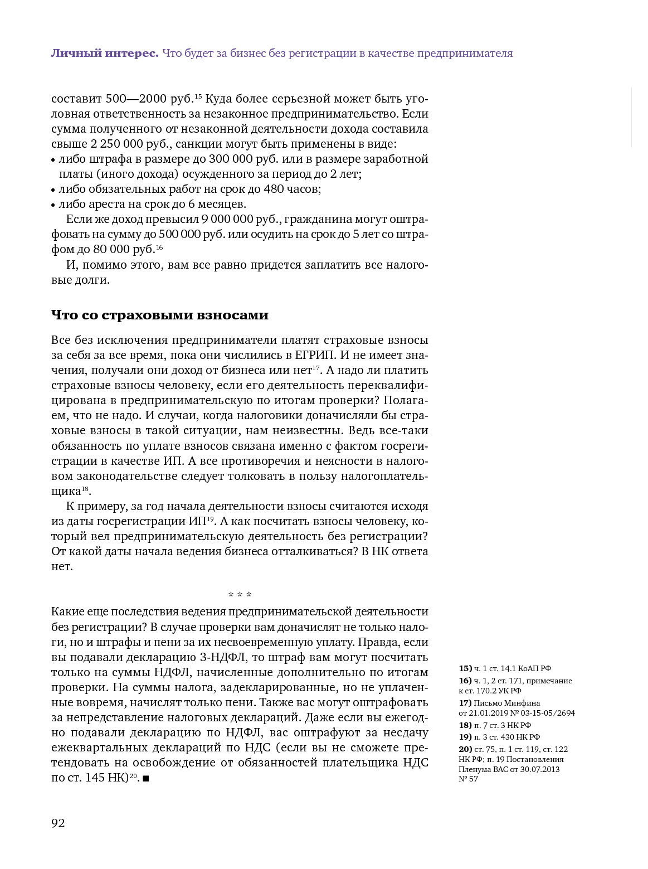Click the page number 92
[x=58, y=823]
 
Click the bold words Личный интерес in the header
[x=105, y=54]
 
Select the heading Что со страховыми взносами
[x=160, y=315]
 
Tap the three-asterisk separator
[x=240, y=595]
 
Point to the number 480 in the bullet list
[x=274, y=189]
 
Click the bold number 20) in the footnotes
[x=465, y=749]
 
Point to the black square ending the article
[x=146, y=778]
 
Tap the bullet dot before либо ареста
[x=53, y=205]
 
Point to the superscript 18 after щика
[x=85, y=489]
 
